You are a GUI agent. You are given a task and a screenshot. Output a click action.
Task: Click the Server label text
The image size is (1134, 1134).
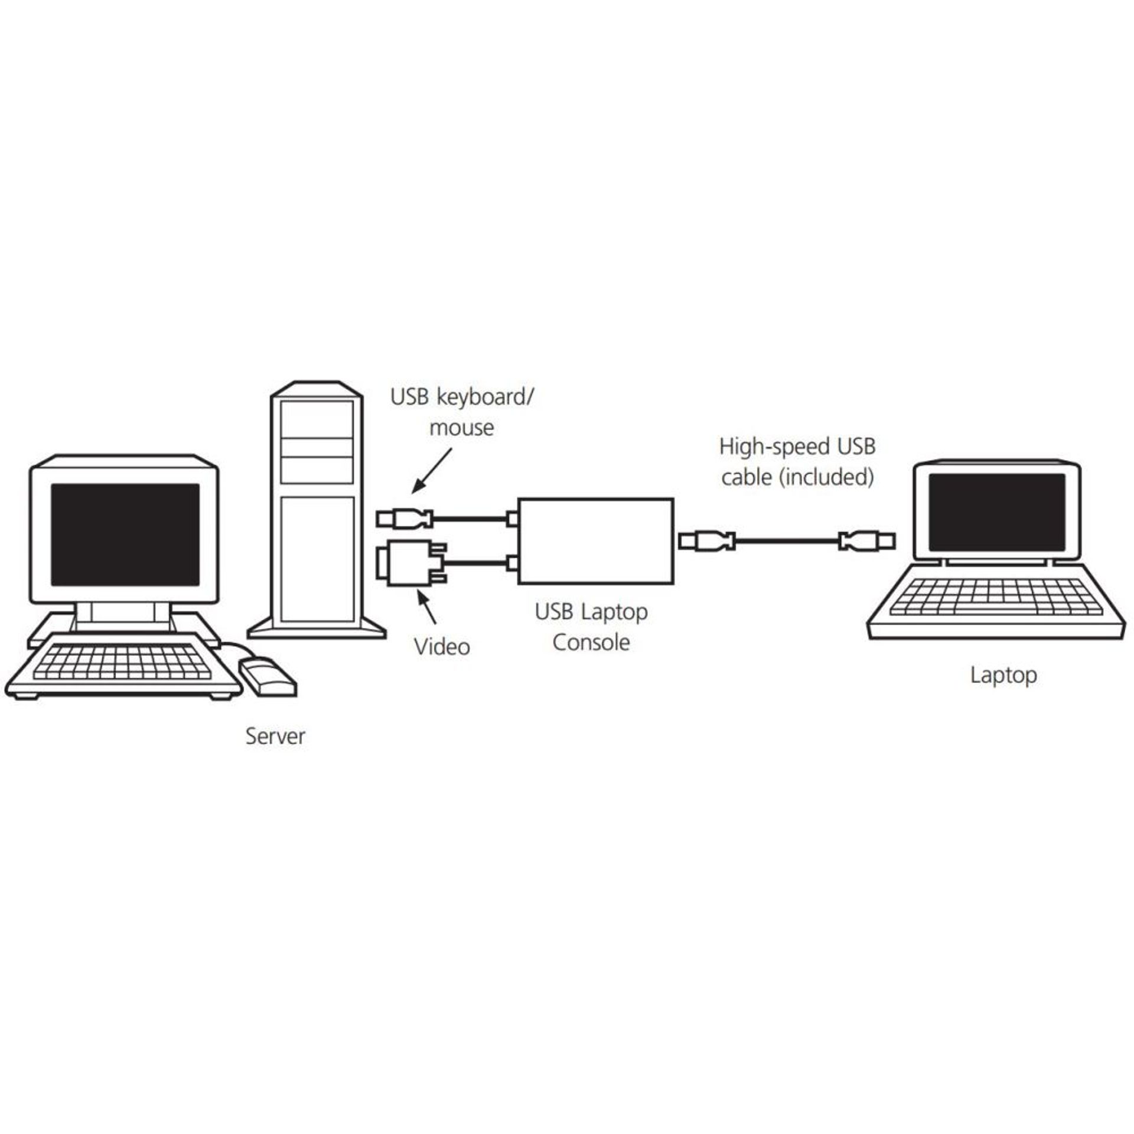coord(275,737)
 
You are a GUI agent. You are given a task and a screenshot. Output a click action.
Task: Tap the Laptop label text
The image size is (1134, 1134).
coord(1003,675)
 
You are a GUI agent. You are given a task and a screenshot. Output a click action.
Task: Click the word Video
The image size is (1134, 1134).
coord(442,647)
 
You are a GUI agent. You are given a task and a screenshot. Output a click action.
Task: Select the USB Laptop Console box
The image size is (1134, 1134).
coord(595,541)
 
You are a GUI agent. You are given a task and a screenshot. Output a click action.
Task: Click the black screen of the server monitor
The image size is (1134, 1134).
coord(125,535)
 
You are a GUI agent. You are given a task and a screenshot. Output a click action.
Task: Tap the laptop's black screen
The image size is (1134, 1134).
coord(996,512)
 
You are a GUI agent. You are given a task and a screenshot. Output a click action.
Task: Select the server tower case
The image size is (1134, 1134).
coord(317,511)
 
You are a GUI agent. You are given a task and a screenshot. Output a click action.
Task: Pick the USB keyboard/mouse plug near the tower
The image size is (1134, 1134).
coord(405,519)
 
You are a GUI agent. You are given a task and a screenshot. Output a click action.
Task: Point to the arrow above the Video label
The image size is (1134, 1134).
coord(428,608)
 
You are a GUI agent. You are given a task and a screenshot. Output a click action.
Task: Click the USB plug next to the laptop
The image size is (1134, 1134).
coord(867,540)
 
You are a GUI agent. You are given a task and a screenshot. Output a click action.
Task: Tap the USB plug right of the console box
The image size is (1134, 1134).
coord(706,540)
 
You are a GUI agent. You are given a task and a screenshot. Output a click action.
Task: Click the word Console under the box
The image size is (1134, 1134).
coord(591,643)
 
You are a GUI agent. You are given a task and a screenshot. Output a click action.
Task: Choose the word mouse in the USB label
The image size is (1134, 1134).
coord(461,428)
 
